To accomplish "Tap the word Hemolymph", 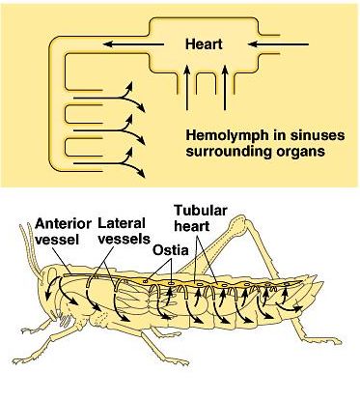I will [223, 135].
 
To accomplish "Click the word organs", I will [299, 151].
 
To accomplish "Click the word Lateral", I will [121, 222].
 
